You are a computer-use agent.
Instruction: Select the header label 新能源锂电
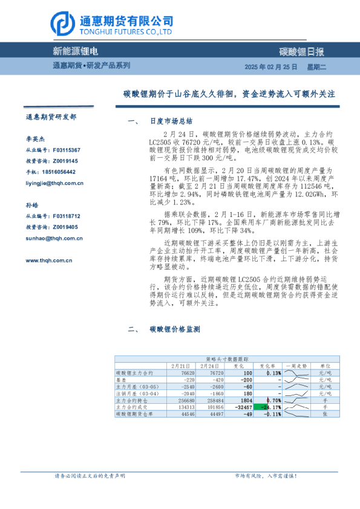click(76, 51)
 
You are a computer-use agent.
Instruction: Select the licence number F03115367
click(67, 150)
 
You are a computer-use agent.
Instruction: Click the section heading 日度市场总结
click(171, 121)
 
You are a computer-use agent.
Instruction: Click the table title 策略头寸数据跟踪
click(222, 359)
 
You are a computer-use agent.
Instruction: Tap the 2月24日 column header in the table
click(210, 366)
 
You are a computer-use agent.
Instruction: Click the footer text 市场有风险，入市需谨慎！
click(265, 476)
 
